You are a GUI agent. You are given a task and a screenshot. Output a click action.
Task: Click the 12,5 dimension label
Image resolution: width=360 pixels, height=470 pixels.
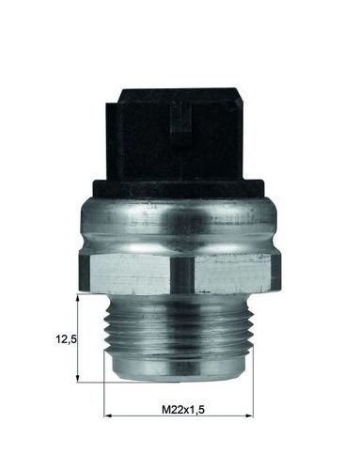66,339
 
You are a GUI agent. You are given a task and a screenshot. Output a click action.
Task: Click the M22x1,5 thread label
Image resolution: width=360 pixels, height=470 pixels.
183,409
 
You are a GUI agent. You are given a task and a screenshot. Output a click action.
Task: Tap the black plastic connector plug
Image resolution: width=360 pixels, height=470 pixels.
178,134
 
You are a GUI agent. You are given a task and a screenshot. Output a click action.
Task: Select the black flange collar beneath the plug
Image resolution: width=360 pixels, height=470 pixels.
178,189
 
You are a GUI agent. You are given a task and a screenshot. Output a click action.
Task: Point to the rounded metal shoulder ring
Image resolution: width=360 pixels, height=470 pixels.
179,224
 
